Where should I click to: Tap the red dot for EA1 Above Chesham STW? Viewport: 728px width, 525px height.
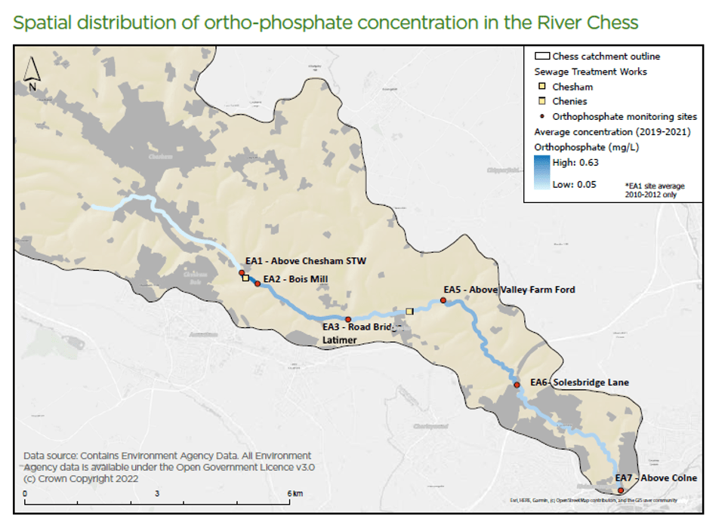pyautogui.click(x=242, y=272)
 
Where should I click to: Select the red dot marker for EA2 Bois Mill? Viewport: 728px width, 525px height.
pyautogui.click(x=258, y=284)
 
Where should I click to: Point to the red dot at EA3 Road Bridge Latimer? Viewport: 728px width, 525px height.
pyautogui.click(x=348, y=319)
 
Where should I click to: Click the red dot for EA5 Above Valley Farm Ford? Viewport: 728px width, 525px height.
pyautogui.click(x=443, y=301)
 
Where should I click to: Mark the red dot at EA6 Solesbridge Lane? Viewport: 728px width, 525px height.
pyautogui.click(x=517, y=385)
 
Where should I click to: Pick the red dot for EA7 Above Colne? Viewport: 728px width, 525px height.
pyautogui.click(x=621, y=490)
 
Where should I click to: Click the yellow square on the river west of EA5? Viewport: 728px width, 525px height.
pyautogui.click(x=409, y=311)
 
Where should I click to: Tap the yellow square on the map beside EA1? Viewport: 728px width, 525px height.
pyautogui.click(x=245, y=278)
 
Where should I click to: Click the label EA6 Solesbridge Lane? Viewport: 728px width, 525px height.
pyautogui.click(x=579, y=382)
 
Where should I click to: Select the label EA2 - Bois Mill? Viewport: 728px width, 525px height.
pyautogui.click(x=295, y=278)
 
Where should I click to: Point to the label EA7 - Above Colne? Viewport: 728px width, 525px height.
pyautogui.click(x=656, y=478)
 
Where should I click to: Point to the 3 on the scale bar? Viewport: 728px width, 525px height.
pyautogui.click(x=157, y=493)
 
